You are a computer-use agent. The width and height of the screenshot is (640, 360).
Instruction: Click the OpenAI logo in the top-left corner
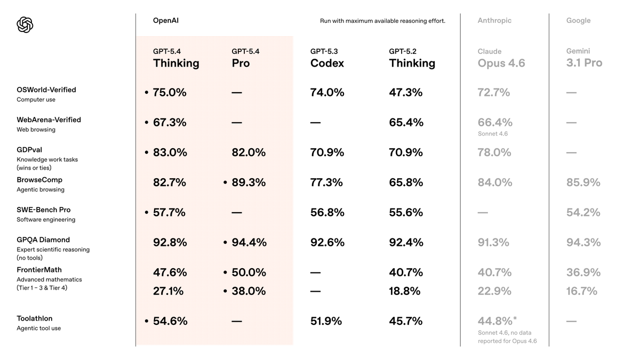25,25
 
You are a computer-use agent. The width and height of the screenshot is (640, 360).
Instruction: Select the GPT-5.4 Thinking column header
176,58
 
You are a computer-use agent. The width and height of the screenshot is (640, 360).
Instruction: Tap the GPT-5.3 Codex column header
327,58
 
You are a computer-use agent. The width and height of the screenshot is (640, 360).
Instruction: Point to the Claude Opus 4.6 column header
501,58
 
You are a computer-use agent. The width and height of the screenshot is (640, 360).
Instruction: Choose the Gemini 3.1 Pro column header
584,58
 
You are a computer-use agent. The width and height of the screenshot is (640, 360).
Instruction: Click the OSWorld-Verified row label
46,90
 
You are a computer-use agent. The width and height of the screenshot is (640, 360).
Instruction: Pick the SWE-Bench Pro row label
43,210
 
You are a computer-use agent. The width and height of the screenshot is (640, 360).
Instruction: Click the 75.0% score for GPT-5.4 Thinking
170,93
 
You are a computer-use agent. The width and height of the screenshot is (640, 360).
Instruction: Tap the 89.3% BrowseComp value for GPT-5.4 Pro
248,182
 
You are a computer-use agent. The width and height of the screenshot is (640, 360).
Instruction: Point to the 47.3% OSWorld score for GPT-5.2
405,93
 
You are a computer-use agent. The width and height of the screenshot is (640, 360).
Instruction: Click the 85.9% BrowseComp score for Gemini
583,182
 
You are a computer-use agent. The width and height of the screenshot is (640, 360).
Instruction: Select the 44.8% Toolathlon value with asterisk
495,321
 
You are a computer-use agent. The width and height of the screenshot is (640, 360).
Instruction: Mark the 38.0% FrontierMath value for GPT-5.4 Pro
248,291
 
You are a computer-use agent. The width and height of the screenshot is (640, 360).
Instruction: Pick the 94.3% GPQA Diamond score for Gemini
583,243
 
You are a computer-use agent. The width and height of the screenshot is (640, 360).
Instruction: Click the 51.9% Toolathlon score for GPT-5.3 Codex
326,321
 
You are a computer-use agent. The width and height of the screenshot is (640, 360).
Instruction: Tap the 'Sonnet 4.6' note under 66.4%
492,134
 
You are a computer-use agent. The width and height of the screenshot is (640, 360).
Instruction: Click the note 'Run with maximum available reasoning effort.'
382,21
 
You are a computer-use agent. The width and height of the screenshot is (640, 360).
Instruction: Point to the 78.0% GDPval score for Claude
494,153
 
